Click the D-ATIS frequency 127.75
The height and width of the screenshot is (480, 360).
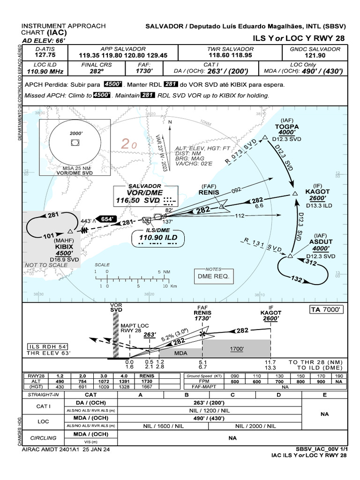click(42, 55)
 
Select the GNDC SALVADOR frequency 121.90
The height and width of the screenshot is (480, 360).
click(322, 55)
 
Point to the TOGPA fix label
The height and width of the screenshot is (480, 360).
click(287, 127)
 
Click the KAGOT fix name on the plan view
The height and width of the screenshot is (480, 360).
click(317, 192)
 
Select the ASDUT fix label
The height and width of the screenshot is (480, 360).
click(321, 242)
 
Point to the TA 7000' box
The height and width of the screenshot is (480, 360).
click(327, 310)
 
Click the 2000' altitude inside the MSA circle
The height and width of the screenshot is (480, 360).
click(76, 133)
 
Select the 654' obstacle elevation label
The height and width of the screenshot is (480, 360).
click(106, 219)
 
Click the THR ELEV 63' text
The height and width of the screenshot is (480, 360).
click(47, 353)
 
